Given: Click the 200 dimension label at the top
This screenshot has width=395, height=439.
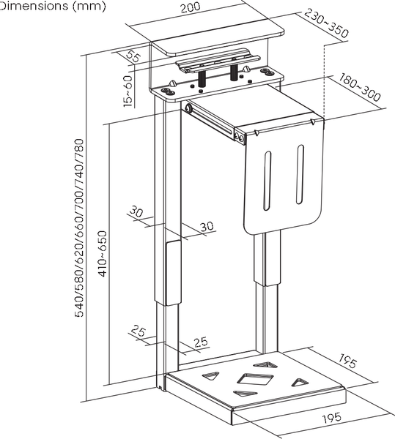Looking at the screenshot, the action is coord(191,7).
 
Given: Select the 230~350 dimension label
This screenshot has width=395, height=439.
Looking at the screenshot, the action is coord(327,23).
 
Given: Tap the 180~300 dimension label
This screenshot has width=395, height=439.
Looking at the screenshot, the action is coord(360,87).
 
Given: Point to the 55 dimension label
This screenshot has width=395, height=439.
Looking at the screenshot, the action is coord(133,56).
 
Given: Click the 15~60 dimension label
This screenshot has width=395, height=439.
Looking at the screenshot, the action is coord(128,91).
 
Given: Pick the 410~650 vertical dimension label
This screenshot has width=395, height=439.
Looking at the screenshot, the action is coord(103,254).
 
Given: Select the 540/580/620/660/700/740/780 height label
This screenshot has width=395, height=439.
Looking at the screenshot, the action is coord(79,228).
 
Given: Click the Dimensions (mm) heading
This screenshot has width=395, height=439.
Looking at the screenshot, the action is coord(53,6).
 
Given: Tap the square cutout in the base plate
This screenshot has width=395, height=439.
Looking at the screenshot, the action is coord(255,379).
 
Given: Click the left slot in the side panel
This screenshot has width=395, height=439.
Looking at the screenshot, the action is coord(267,181).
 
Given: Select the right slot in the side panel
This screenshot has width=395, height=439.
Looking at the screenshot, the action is coord(300,174).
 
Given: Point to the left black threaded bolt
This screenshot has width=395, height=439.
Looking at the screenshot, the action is coord(202,79).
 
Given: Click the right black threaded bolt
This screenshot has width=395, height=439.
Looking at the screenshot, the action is coord(234,72).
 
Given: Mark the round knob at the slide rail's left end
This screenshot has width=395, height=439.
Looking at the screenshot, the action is coord(188,108).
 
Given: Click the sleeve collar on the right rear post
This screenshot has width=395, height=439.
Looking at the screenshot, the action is coord(267,258).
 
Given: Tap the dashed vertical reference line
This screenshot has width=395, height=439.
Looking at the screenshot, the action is coord(325,81).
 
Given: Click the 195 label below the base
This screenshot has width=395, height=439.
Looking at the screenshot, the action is coord(332,418).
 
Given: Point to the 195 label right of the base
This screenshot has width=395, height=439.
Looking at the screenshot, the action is coord(348,361).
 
